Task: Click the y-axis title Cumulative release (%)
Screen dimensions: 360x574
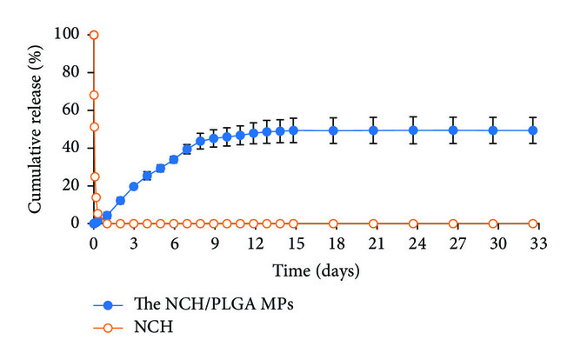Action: [x=37, y=129]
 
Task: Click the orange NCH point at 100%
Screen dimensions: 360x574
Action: [x=94, y=35]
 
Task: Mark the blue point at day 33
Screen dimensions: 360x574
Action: [x=533, y=130]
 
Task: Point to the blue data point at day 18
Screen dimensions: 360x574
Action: [x=333, y=130]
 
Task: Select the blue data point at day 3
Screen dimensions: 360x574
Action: [x=134, y=186]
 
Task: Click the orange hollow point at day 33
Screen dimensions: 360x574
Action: [x=533, y=223]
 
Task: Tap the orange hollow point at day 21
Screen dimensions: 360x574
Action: [x=373, y=223]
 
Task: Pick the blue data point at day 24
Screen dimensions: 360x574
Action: [x=413, y=130]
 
